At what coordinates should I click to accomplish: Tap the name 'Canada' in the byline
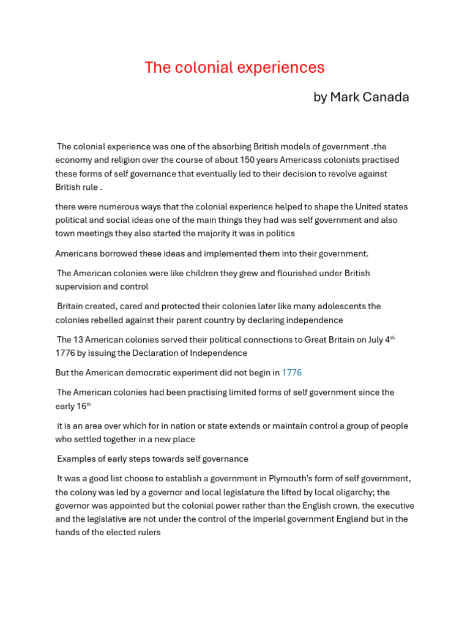tap(386, 97)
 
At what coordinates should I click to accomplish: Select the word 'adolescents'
tap(356, 306)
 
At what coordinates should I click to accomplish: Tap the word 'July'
tap(374, 340)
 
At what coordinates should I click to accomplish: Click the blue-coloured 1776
tap(291, 373)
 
